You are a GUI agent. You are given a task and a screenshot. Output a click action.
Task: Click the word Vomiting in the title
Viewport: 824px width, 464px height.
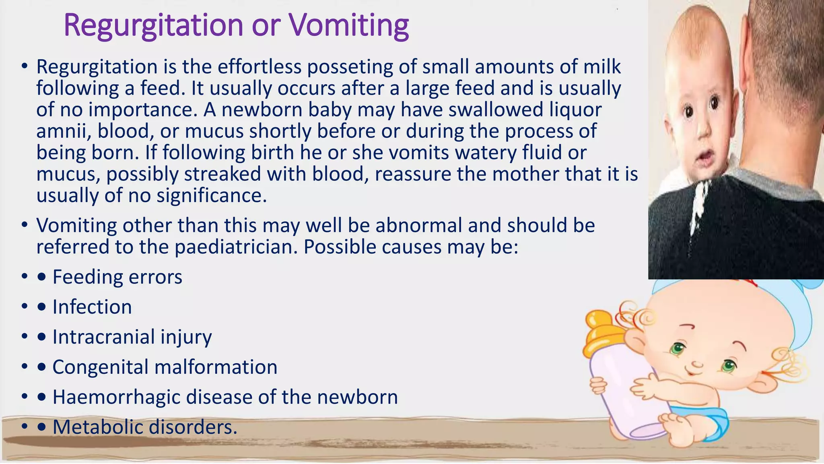pyautogui.click(x=349, y=26)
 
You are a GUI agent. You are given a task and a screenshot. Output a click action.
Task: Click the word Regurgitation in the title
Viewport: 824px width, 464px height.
pyautogui.click(x=153, y=26)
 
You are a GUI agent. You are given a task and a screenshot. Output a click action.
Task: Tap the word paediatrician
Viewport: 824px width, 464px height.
pyautogui.click(x=236, y=247)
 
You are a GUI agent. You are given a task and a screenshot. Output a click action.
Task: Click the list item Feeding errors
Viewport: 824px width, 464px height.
pyautogui.click(x=117, y=277)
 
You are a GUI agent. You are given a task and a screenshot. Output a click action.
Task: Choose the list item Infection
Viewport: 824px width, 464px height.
pyautogui.click(x=92, y=307)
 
